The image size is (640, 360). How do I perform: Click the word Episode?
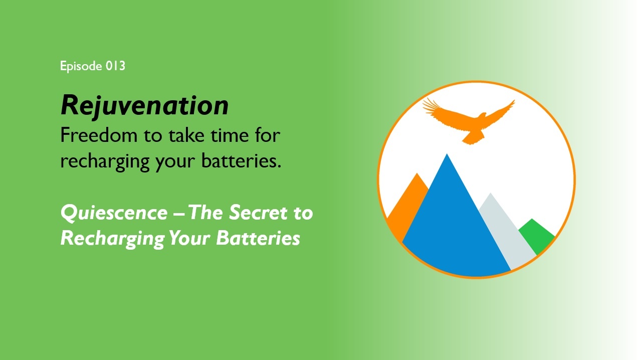(x=81, y=66)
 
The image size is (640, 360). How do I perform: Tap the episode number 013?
(x=115, y=66)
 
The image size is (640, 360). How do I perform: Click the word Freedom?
(x=99, y=135)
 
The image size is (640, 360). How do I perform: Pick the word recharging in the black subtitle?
(x=105, y=162)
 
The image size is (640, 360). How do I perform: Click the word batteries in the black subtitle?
(x=241, y=160)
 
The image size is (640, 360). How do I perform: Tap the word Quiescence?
(x=114, y=213)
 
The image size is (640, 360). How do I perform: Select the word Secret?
(x=259, y=213)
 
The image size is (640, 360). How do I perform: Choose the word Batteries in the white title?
(x=258, y=238)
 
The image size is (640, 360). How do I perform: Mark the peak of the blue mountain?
(x=447, y=154)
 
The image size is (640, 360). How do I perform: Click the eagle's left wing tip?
(x=423, y=101)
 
